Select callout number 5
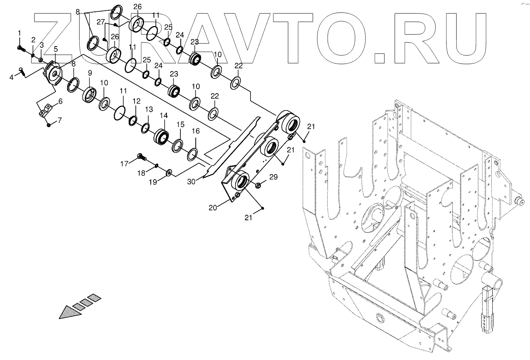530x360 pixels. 55,49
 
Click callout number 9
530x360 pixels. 90,73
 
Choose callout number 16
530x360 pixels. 196,131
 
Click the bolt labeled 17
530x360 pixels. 141,158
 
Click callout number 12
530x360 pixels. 136,101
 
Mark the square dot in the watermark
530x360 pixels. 379,57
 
